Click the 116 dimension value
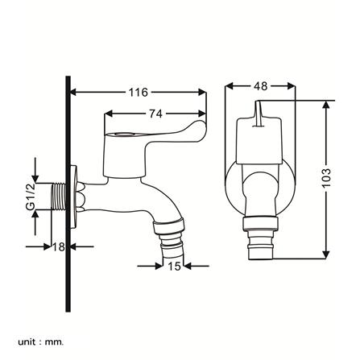(139, 92)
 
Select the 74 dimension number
(156, 114)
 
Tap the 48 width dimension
(261, 86)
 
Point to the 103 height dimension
(327, 178)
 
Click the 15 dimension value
(174, 267)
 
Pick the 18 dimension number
(58, 246)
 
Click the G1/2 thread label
(30, 197)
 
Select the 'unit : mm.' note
(41, 335)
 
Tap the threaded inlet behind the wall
(59, 197)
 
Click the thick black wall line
(68, 194)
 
